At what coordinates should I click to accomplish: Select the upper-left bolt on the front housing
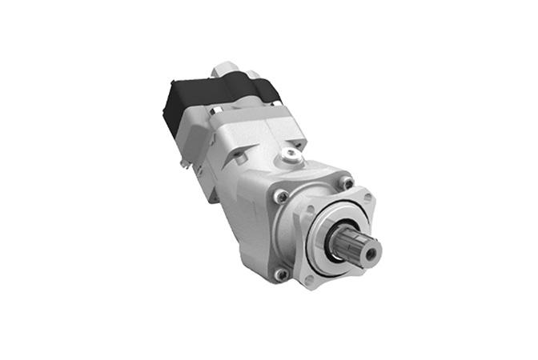click(x=283, y=195)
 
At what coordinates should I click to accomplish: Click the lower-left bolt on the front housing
click(x=282, y=273)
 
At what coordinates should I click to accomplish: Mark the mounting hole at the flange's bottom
click(x=310, y=281)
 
